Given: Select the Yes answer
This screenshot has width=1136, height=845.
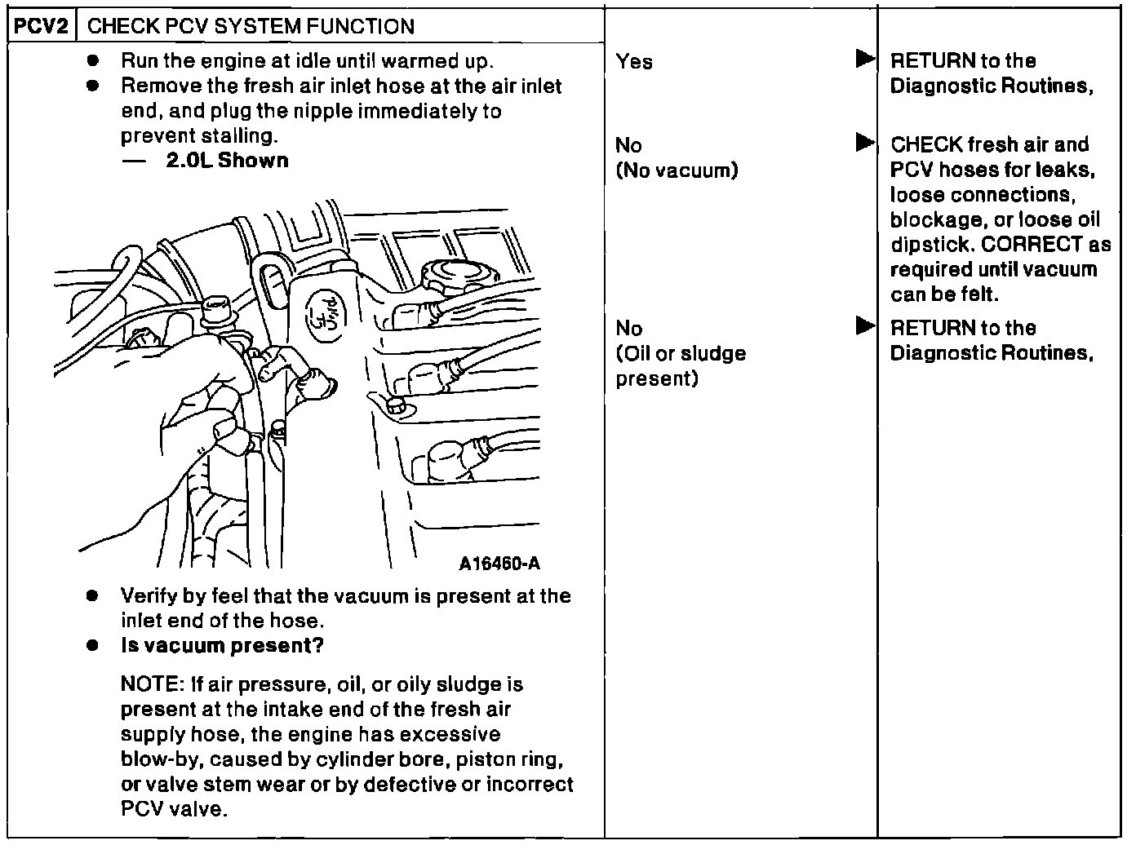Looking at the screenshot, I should coord(634,62).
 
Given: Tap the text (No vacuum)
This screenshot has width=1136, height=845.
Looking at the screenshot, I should coord(677,170).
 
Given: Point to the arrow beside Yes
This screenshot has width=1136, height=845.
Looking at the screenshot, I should coord(865,60).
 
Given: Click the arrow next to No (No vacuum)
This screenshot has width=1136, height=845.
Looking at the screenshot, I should coord(865,144).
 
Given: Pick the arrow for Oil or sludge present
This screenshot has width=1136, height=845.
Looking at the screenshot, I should coord(865,326).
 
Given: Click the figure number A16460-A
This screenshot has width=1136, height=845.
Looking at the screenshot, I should coord(499,564).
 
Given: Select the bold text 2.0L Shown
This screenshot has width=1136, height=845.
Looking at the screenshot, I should coord(227,161).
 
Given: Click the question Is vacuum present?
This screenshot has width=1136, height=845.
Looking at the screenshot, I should coord(222,646).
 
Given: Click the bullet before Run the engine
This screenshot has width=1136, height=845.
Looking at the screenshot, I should coord(95,61).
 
